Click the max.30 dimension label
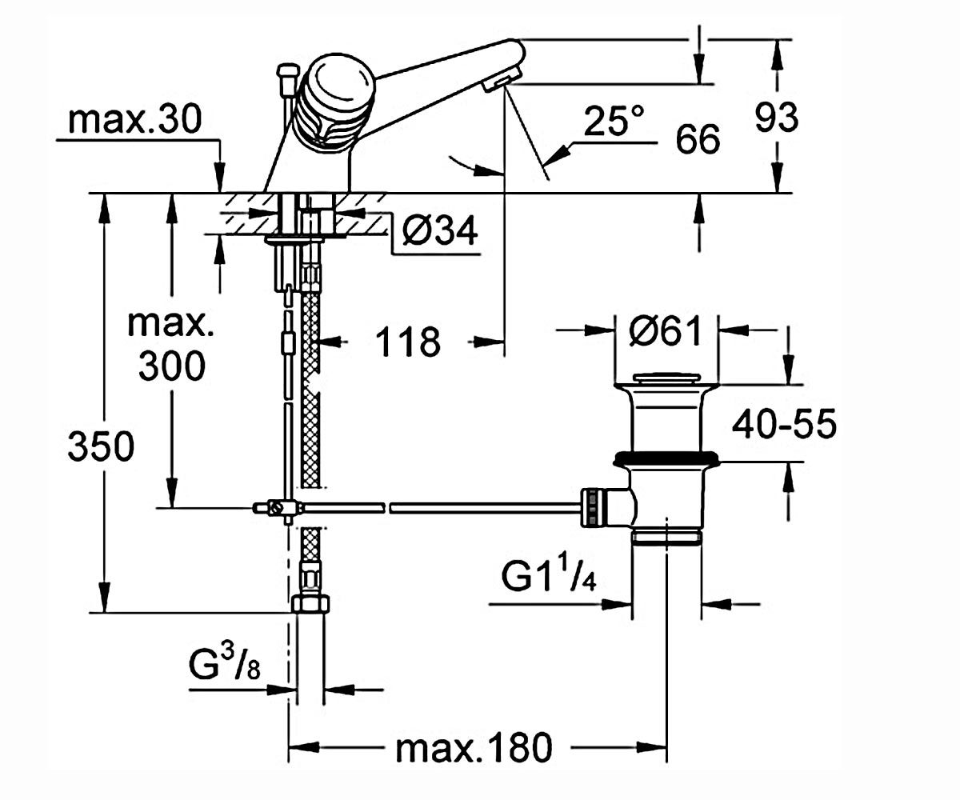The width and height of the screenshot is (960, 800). pyautogui.click(x=134, y=119)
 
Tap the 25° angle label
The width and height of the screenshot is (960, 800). pyautogui.click(x=614, y=121)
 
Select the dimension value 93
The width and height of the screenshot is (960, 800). pyautogui.click(x=777, y=118)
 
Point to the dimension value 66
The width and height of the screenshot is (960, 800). pyautogui.click(x=698, y=139)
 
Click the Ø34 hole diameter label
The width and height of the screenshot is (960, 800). pyautogui.click(x=439, y=230)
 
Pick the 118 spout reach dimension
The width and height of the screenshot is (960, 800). pyautogui.click(x=408, y=342)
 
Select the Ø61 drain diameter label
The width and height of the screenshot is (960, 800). pyautogui.click(x=665, y=330)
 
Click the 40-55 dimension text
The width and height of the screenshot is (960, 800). pyautogui.click(x=784, y=424)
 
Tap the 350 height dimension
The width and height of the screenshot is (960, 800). pyautogui.click(x=101, y=446)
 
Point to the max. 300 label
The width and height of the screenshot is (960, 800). pyautogui.click(x=171, y=345)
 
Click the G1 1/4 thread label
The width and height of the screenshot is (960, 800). pyautogui.click(x=549, y=577)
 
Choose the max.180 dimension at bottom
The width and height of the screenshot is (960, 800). pyautogui.click(x=474, y=749)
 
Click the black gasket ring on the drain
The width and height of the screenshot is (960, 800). pyautogui.click(x=666, y=458)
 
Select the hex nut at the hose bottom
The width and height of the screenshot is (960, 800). pyautogui.click(x=311, y=604)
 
